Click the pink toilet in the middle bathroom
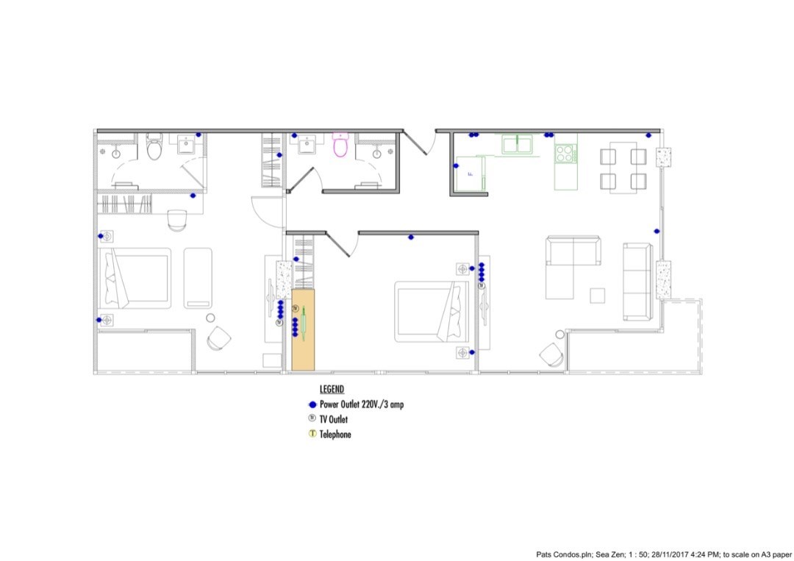click(340, 144)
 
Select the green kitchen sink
click(517, 144)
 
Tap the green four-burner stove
click(565, 154)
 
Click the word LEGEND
click(332, 390)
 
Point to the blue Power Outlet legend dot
click(312, 405)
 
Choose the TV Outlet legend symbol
click(312, 418)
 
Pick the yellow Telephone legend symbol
click(312, 433)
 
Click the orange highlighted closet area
click(304, 329)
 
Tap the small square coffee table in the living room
click(598, 296)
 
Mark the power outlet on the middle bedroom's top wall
click(411, 237)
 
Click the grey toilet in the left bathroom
click(154, 147)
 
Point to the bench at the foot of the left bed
click(198, 278)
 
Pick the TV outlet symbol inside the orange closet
click(296, 308)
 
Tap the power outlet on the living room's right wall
click(657, 232)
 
